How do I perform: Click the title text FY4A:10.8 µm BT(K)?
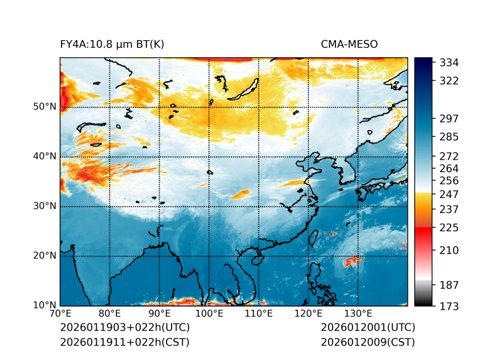tap(112, 44)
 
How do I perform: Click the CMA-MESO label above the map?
tap(349, 44)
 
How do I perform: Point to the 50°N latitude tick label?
tap(44, 107)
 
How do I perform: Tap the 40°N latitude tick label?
tap(44, 156)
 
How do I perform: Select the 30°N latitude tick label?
tap(44, 206)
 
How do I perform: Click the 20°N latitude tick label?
tap(44, 256)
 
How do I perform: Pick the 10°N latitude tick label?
tap(44, 305)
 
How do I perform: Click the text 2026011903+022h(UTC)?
tap(124, 327)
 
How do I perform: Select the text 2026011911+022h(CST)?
tap(124, 342)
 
